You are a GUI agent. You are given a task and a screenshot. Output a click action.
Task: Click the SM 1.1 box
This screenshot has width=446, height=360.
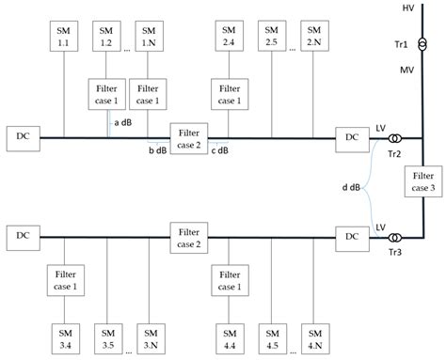pos(64,36)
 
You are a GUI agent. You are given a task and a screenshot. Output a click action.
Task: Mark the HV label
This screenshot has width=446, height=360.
pos(408,8)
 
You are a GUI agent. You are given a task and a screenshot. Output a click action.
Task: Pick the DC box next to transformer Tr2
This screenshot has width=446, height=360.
pos(351,137)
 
